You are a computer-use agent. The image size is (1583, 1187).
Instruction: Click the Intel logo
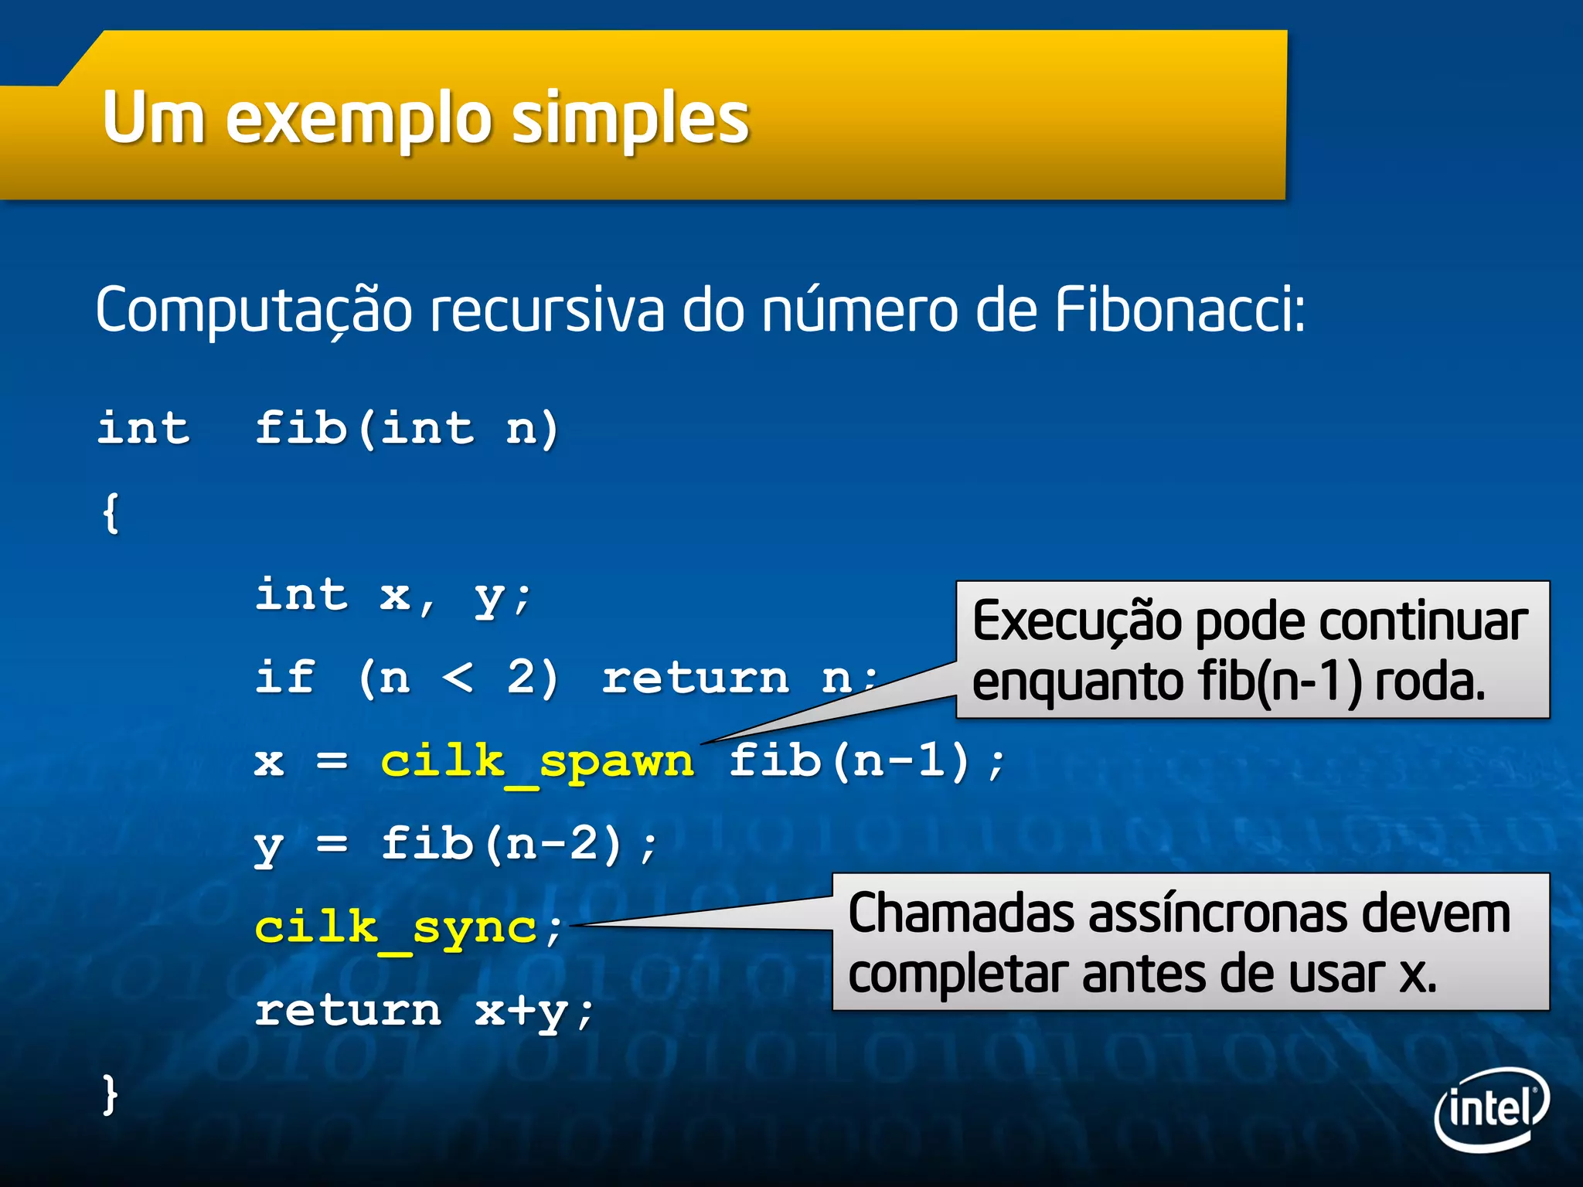[x=1491, y=1108]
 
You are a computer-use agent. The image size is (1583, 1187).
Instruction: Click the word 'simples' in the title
[x=631, y=119]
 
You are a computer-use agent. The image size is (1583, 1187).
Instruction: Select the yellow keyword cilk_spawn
[x=537, y=761]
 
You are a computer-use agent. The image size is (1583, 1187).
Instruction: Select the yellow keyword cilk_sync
[x=396, y=927]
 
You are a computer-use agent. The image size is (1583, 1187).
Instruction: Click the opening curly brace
[x=111, y=513]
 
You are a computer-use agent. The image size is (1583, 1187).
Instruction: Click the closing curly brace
[x=111, y=1094]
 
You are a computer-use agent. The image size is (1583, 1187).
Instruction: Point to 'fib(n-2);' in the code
[x=519, y=844]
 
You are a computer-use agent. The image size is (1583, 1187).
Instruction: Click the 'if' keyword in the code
[x=285, y=678]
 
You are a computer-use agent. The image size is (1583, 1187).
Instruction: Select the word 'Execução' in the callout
[x=1077, y=622]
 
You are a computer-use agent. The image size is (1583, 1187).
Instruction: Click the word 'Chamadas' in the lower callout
[x=961, y=913]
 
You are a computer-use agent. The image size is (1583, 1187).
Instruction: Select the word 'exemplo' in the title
[x=359, y=119]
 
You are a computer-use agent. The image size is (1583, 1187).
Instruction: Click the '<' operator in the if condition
[x=458, y=678]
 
